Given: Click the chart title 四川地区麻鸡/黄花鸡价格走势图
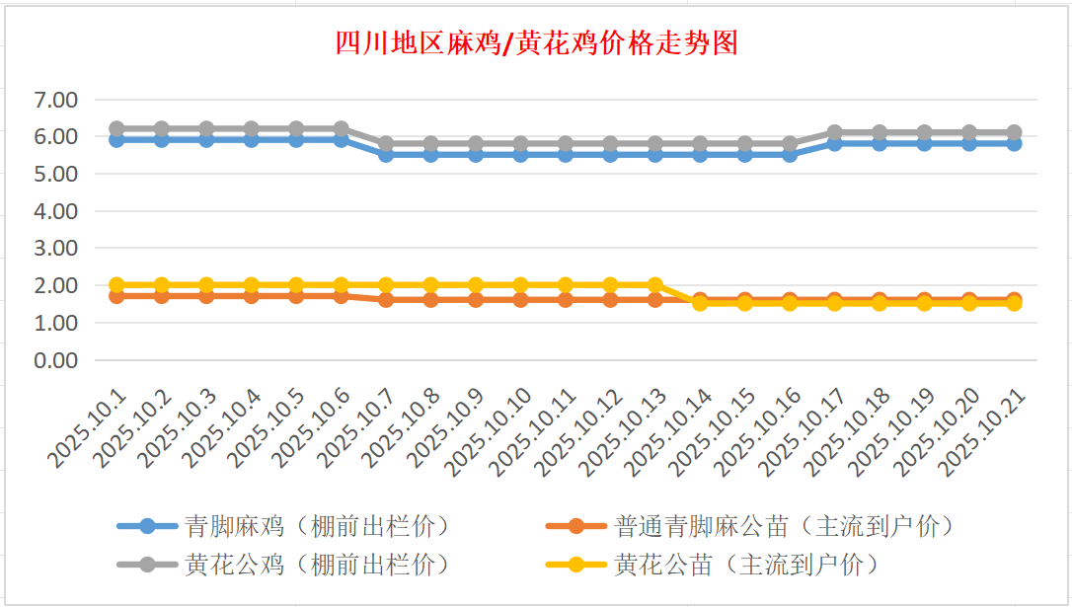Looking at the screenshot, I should coord(536,44).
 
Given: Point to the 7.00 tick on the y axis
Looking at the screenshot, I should coord(55,100).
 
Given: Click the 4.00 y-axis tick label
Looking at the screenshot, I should coord(55,211).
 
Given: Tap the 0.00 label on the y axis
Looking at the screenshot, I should coord(55,360).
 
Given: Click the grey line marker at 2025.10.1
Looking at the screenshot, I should coord(116,128).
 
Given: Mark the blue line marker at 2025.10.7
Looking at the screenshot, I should coord(386,155).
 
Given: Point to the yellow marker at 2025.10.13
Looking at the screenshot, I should coord(654,285).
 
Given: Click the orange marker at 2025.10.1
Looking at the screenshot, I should coord(116,296).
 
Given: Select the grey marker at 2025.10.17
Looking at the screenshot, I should coord(834,132).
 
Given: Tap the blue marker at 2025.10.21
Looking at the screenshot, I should coord(1014,143).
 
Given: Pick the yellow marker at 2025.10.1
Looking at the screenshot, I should coord(116,285).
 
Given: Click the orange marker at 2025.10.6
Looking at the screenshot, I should coord(341,296).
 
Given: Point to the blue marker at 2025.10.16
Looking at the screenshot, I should coord(790,155).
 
